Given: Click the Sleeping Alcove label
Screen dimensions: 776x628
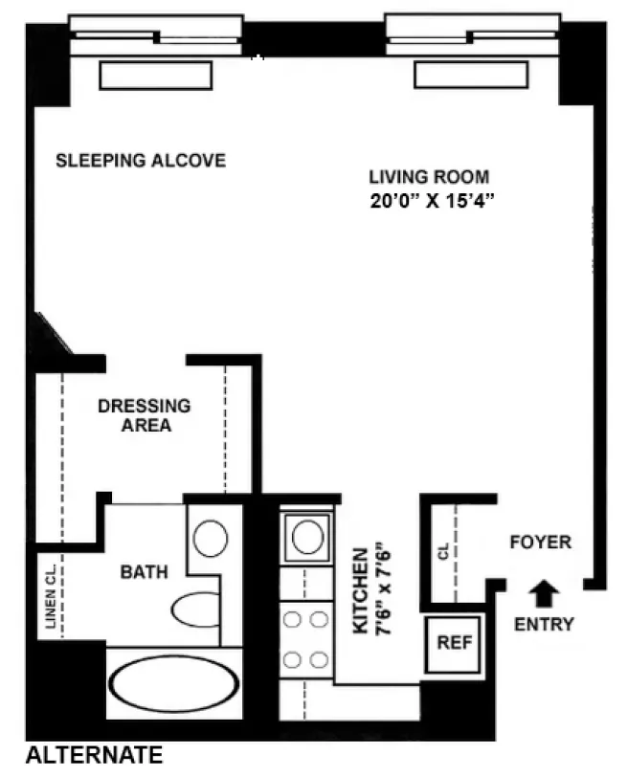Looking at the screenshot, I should tap(141, 160).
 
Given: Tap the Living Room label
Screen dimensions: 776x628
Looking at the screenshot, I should tap(429, 177).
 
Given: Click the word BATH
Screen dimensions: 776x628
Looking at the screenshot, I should tap(144, 572).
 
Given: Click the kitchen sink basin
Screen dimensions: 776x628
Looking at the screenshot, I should tap(306, 537).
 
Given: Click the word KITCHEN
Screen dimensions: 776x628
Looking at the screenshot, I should tap(360, 590).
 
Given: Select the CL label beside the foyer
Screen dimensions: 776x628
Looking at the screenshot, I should tap(442, 553).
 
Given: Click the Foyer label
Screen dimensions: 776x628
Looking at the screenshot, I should tap(540, 543).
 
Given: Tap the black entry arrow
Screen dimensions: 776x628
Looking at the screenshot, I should tap(544, 594).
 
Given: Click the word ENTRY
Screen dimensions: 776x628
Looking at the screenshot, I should tap(544, 625).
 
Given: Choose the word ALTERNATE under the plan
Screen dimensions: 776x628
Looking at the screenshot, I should tap(94, 756).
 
